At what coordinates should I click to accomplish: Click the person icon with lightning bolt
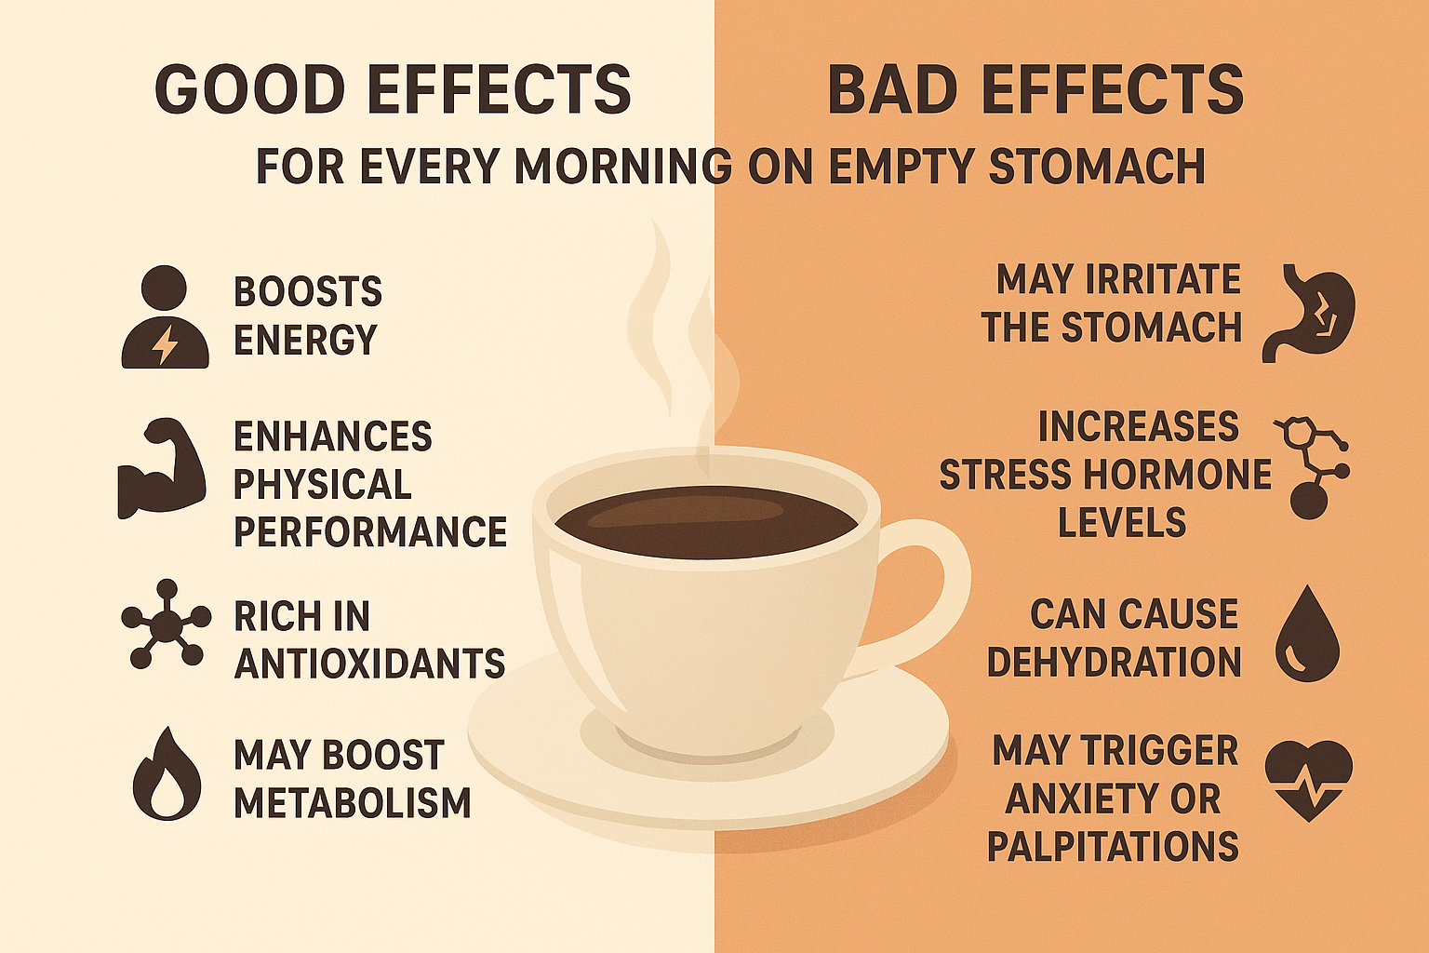(166, 318)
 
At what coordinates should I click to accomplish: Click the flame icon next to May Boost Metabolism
(167, 774)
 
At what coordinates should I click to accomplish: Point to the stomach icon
(1310, 312)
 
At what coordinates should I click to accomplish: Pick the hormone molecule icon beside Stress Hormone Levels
(1311, 466)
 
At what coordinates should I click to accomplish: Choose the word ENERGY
(305, 340)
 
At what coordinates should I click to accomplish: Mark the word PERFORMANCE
(369, 531)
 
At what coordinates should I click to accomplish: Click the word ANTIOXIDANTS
(369, 664)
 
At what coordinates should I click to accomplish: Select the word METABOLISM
(352, 803)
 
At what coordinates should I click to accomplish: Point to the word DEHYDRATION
(1114, 662)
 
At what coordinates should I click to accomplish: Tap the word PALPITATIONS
(1113, 846)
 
